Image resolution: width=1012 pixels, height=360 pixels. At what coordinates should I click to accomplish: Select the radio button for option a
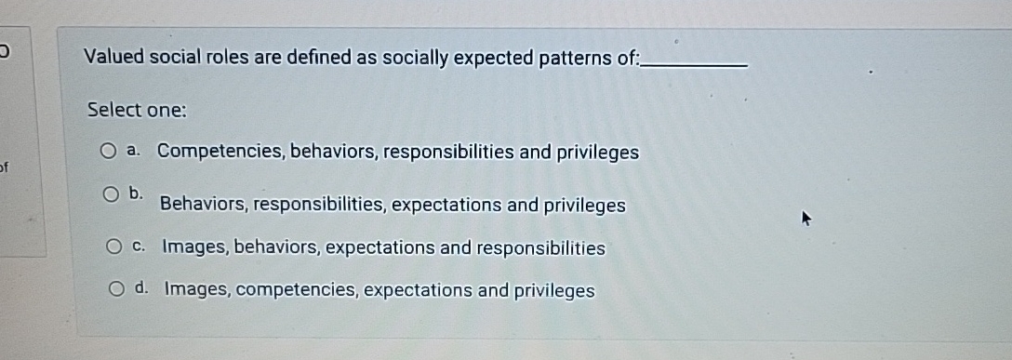[x=109, y=151]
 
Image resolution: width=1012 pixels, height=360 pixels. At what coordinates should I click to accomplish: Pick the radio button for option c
[x=114, y=247]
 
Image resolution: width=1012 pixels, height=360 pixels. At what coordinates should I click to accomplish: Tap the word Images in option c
[x=194, y=248]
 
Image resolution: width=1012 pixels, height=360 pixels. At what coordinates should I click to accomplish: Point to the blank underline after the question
[x=696, y=64]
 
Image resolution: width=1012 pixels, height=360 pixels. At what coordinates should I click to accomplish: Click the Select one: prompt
[x=137, y=110]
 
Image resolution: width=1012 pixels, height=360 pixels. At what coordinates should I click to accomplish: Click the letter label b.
[x=137, y=193]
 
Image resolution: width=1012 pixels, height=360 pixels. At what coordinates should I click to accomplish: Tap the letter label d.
[x=142, y=289]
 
